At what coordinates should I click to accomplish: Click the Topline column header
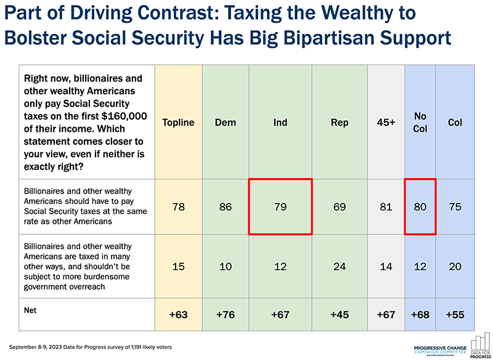click(x=178, y=122)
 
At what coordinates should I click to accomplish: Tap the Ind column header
click(x=280, y=122)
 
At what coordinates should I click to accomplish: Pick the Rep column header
click(x=340, y=122)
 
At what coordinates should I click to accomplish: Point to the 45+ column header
click(x=386, y=122)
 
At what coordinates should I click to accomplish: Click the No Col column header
click(x=420, y=122)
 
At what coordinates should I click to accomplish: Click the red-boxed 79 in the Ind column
click(x=280, y=207)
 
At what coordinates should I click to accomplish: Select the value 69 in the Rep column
click(x=340, y=207)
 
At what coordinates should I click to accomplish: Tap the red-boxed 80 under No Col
click(x=420, y=207)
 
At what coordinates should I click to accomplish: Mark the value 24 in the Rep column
click(x=340, y=267)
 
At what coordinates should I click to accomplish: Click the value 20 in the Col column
click(x=455, y=267)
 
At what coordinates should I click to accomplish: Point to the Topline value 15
click(x=178, y=267)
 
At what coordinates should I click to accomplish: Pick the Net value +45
click(x=340, y=315)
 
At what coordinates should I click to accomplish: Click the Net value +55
click(x=455, y=315)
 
